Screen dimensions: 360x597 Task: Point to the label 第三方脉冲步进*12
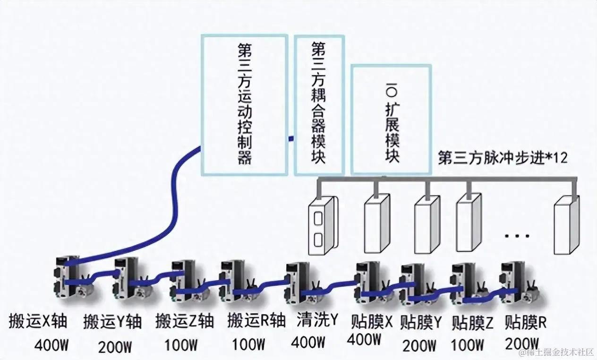tap(503, 158)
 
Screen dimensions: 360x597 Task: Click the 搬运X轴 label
tap(38, 321)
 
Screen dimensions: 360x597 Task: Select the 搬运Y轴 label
tap(112, 322)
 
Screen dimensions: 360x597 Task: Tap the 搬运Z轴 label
tap(185, 321)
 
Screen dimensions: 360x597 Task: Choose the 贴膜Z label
tap(472, 323)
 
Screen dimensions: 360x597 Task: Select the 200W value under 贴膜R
tap(522, 342)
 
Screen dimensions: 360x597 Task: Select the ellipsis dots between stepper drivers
tap(518, 235)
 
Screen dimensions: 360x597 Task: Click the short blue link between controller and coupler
tap(291, 138)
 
